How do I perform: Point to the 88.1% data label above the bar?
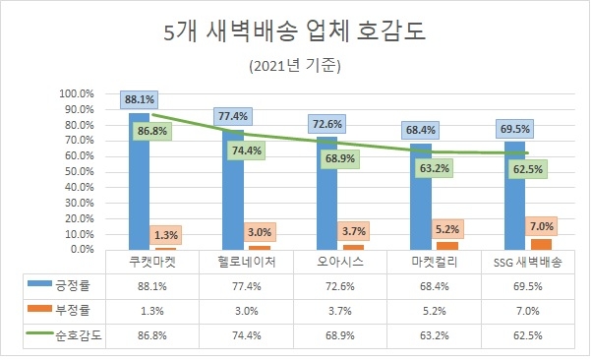click(x=139, y=99)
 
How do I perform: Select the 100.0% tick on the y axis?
click(x=76, y=94)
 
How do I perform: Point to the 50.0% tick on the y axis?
click(x=76, y=171)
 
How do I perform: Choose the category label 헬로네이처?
click(x=233, y=264)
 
